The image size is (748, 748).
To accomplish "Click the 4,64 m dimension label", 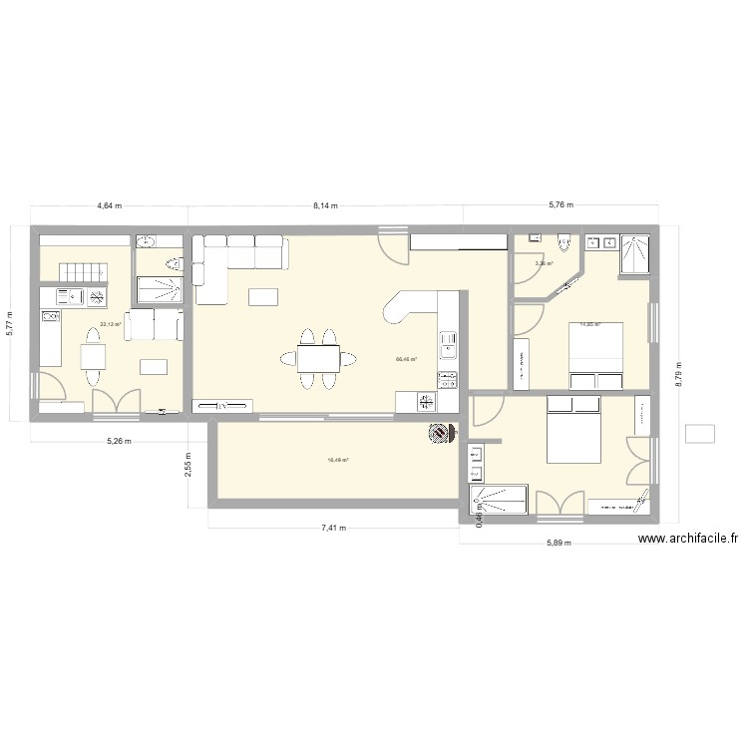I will pos(109,206).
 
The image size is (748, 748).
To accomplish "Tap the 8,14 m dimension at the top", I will pos(325,206).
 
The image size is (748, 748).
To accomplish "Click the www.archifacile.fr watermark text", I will pos(688,539).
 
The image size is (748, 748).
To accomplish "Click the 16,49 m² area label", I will pos(338,460).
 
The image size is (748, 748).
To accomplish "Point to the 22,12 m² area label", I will pos(110,324).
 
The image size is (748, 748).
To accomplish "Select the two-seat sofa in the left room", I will pos(155,324).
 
